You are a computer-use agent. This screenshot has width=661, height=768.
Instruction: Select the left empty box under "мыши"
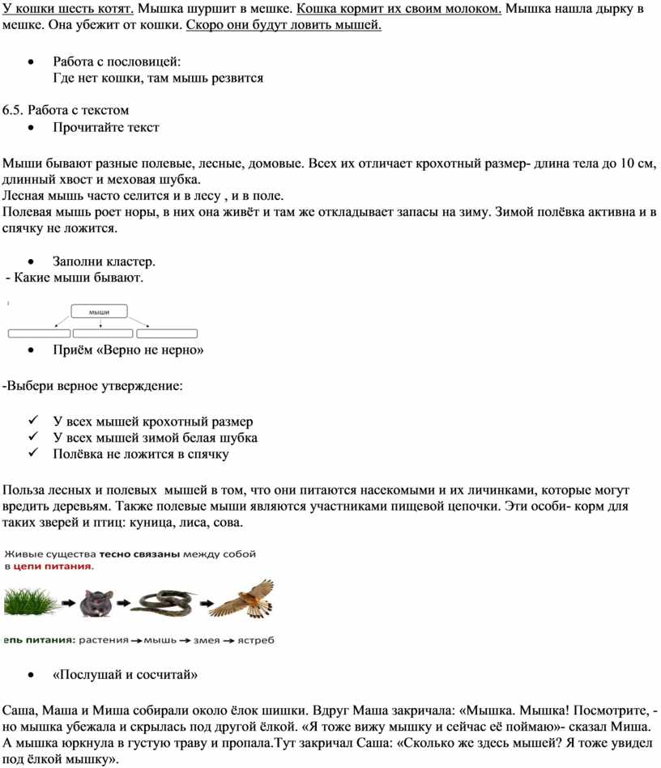tap(39, 333)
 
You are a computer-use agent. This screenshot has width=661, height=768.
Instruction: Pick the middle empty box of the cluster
tap(103, 333)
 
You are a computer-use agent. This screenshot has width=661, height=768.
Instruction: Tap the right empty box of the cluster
tap(167, 333)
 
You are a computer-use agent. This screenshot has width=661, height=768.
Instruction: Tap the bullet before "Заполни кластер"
tap(31, 261)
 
